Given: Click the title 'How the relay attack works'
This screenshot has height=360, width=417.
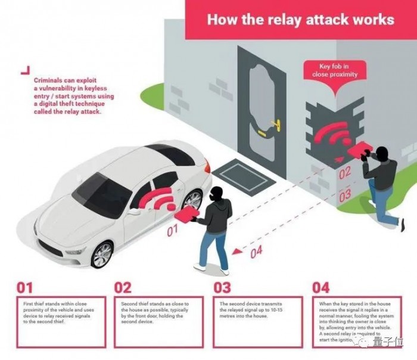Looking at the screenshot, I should (x=300, y=19).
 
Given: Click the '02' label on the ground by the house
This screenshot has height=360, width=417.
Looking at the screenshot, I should (x=345, y=175).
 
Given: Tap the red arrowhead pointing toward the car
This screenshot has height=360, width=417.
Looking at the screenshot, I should (x=236, y=250).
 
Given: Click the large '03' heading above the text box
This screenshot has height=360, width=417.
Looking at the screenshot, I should (x=222, y=288).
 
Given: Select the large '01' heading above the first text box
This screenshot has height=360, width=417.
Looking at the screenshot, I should (x=24, y=288).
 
